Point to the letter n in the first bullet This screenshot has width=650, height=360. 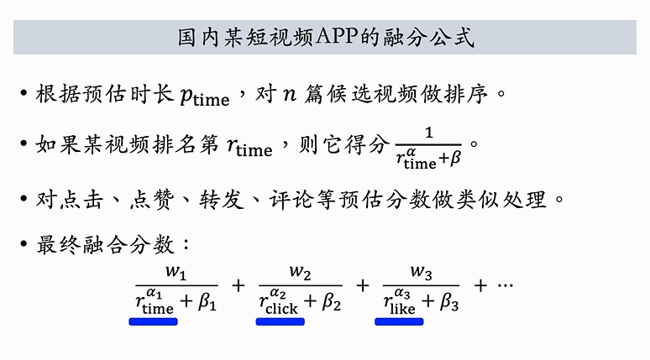click(x=289, y=94)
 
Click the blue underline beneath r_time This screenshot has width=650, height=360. click(x=153, y=321)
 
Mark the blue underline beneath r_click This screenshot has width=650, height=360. click(x=280, y=321)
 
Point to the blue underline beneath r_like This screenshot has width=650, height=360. click(x=400, y=321)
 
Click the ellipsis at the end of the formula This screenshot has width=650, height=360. click(x=505, y=286)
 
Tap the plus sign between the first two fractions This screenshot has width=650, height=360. click(x=239, y=286)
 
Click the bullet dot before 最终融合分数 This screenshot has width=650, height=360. click(x=24, y=247)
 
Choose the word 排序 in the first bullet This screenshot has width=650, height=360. click(x=472, y=92)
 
